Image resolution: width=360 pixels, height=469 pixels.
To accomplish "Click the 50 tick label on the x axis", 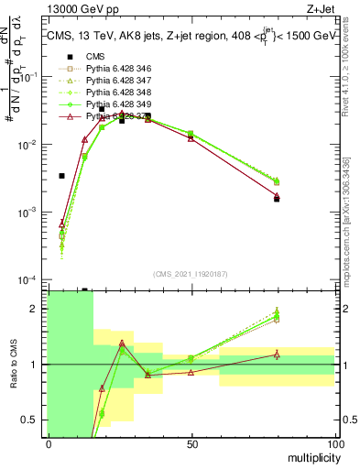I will click(x=191, y=443).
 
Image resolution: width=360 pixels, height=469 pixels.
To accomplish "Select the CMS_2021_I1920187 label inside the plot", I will click(x=191, y=273).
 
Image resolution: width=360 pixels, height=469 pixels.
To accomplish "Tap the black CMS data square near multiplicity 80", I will click(x=277, y=199).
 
